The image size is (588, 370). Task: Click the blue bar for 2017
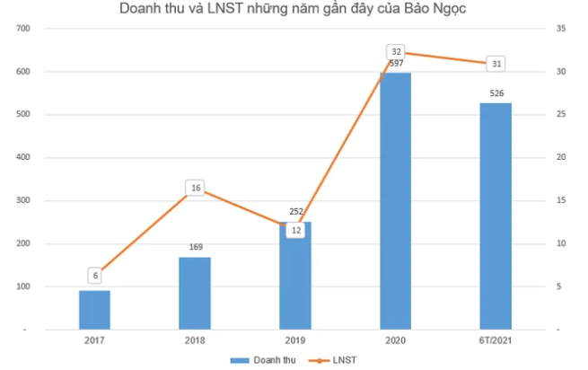[94, 310]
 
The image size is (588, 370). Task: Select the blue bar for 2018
[195, 294]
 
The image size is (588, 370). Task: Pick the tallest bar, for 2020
[395, 202]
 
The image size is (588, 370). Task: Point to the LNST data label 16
[196, 189]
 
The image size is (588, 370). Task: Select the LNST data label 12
[295, 231]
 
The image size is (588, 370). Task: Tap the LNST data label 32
[396, 52]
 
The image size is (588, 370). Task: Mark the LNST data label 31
[496, 64]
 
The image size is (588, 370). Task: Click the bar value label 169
[195, 247]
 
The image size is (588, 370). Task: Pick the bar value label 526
[495, 93]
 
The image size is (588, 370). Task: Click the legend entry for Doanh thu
[260, 359]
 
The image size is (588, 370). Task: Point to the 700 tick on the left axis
[23, 29]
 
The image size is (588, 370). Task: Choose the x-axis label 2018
[195, 340]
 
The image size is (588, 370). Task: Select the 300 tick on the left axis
[23, 200]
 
